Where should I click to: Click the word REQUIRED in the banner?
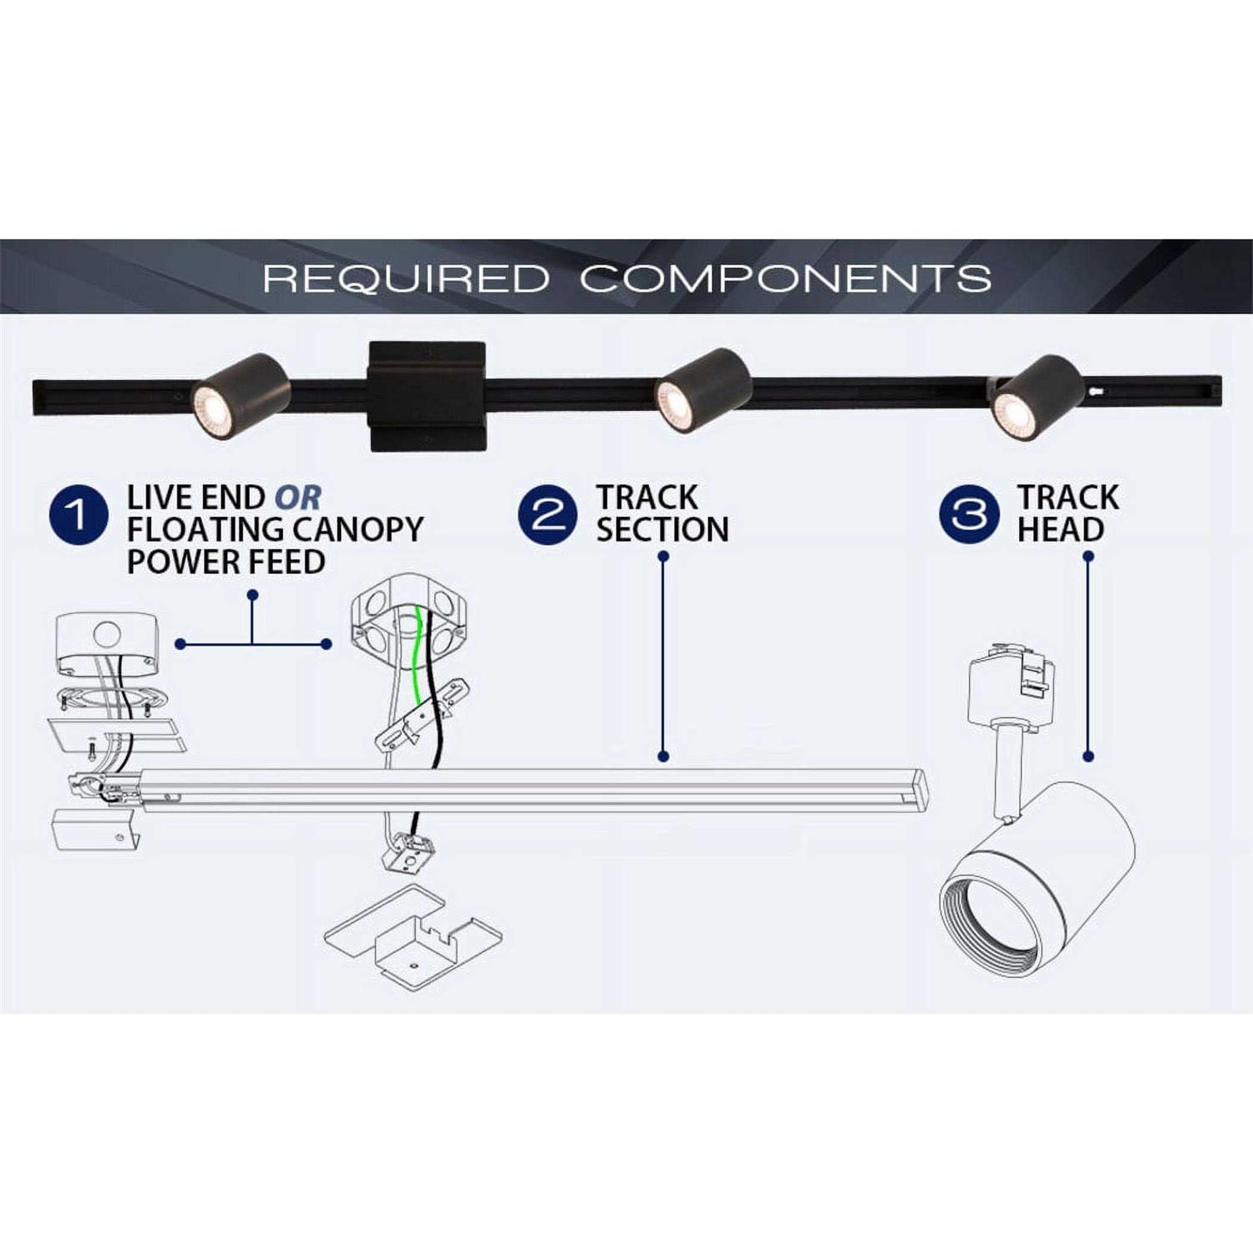click(x=406, y=278)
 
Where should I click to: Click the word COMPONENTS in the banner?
click(x=786, y=278)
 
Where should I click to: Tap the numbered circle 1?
click(x=79, y=515)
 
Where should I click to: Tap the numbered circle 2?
click(x=547, y=515)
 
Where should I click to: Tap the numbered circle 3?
click(x=969, y=515)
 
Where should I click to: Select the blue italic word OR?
click(x=298, y=498)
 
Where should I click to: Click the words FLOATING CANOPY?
click(x=275, y=530)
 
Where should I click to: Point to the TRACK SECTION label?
click(x=662, y=514)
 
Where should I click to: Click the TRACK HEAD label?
click(x=1067, y=514)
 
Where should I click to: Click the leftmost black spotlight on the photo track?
click(x=241, y=395)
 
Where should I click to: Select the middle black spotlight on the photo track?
click(x=703, y=391)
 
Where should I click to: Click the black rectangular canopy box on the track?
click(x=427, y=396)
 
